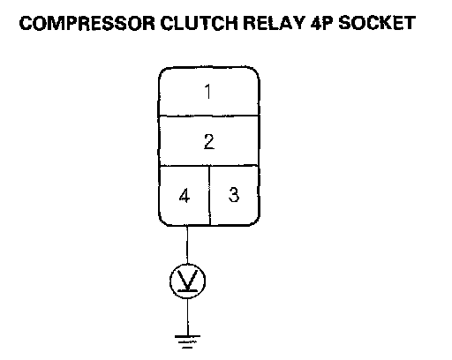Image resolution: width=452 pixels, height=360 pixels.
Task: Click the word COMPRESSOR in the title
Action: (x=87, y=23)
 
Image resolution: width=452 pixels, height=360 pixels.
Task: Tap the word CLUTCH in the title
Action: (x=199, y=23)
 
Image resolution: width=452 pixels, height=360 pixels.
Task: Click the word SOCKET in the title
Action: (x=377, y=23)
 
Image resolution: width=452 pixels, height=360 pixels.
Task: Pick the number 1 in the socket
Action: (x=208, y=92)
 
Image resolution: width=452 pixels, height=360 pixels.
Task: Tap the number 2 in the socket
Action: (x=209, y=141)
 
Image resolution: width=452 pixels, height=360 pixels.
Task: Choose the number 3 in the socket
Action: (x=234, y=194)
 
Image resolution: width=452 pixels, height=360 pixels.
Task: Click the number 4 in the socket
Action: (x=185, y=196)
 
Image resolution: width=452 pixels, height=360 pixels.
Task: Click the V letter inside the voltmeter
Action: (x=187, y=280)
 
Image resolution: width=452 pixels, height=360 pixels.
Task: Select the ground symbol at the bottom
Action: (x=187, y=341)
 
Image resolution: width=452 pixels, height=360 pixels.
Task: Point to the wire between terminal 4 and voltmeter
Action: (x=187, y=244)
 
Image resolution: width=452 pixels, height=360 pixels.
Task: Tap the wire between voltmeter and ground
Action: (x=187, y=317)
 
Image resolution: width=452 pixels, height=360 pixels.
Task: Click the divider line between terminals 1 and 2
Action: (x=209, y=116)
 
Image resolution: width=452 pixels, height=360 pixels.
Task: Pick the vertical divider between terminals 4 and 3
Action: (x=209, y=196)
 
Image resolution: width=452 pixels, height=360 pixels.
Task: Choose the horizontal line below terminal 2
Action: (x=209, y=166)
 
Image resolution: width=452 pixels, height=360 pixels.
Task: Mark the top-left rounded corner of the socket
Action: (x=162, y=71)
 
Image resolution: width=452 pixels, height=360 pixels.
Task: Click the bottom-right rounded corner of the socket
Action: (x=256, y=221)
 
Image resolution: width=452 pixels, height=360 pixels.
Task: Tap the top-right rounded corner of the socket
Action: (x=256, y=71)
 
